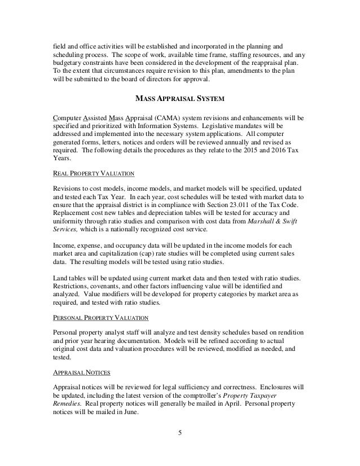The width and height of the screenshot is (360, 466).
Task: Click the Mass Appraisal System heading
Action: [180, 100]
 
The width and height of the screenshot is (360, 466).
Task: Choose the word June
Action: [128, 414]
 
